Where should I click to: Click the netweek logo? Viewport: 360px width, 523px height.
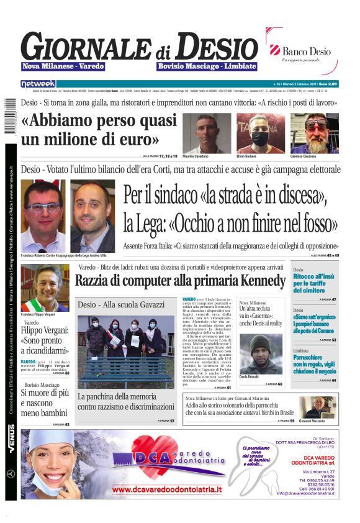[38, 83]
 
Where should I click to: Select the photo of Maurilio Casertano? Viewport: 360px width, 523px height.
[203, 133]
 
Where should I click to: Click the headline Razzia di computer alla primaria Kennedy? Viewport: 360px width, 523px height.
[180, 281]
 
